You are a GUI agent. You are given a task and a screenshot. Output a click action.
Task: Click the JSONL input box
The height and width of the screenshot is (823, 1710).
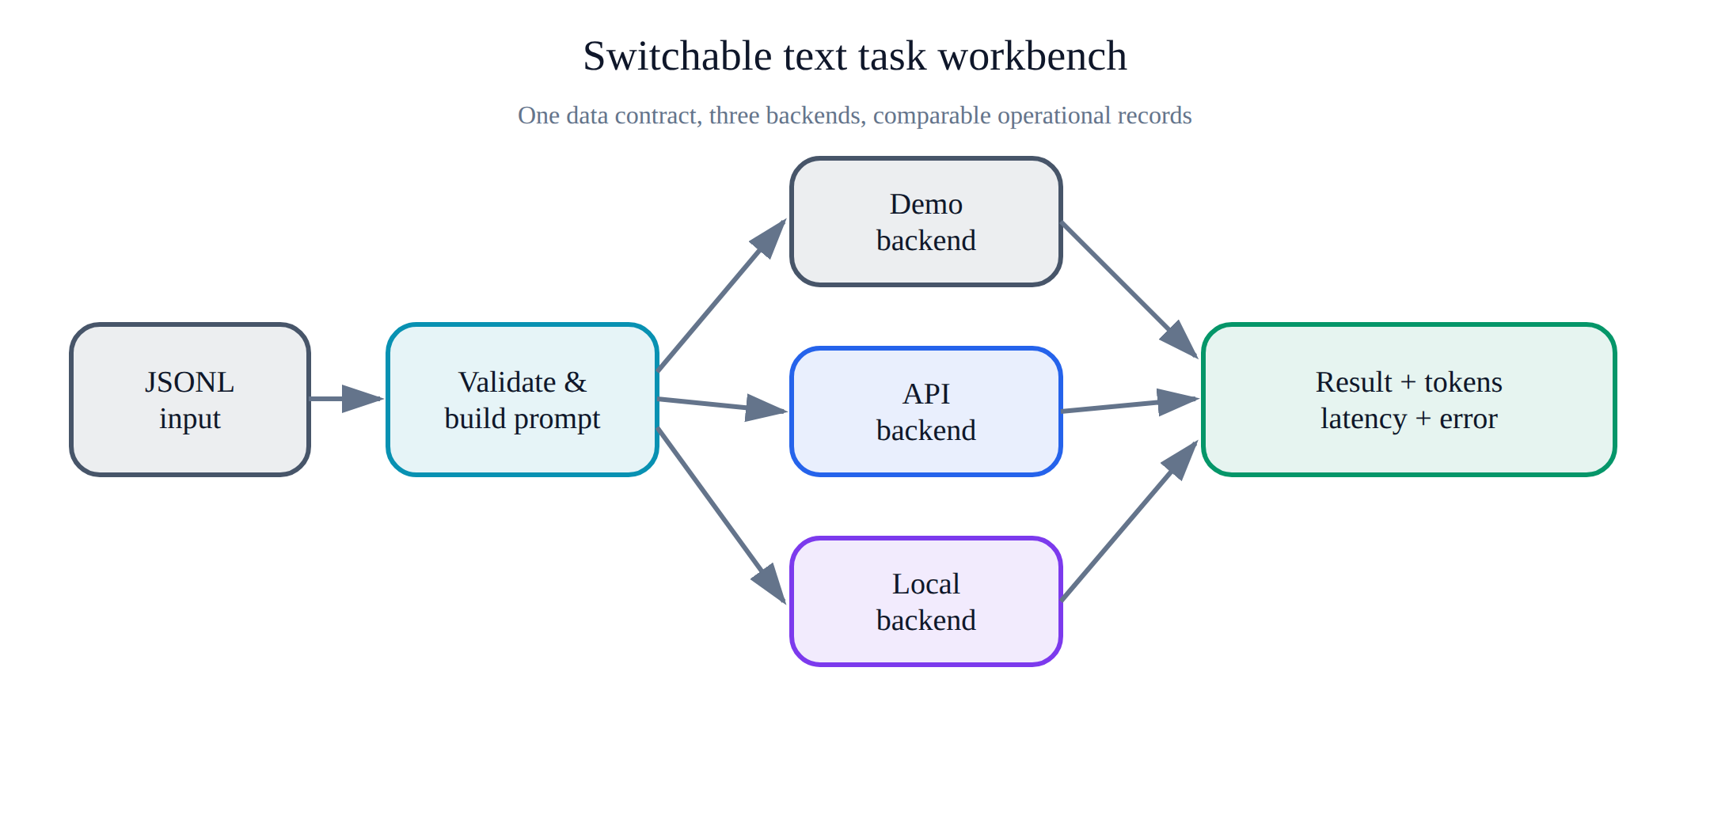tap(190, 400)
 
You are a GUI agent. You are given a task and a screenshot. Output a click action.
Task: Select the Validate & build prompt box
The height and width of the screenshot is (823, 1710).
tap(522, 400)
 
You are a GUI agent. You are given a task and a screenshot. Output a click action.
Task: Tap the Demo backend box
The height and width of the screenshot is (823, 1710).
tap(926, 222)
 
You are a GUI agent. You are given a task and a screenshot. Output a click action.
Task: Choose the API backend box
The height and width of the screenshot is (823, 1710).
tap(926, 411)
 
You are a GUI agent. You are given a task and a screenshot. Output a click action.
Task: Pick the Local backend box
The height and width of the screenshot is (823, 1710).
tap(926, 601)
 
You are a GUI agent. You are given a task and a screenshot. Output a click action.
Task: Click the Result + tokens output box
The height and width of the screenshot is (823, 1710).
tap(1409, 400)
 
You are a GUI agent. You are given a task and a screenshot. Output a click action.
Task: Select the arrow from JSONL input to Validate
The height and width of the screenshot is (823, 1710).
tap(347, 399)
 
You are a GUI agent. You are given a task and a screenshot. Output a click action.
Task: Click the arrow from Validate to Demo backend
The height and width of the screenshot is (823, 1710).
tap(722, 294)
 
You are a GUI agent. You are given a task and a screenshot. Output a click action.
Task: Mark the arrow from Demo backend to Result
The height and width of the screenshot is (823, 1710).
tap(1130, 290)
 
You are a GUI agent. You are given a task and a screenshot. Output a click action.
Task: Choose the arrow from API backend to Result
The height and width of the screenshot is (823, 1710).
tap(1130, 404)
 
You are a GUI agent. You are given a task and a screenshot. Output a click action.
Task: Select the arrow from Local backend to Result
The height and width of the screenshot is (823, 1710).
tap(1130, 520)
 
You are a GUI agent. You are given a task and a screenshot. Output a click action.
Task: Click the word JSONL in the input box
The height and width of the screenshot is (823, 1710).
tap(190, 382)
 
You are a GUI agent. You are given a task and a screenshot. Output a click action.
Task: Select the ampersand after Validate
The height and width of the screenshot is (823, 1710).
tap(576, 382)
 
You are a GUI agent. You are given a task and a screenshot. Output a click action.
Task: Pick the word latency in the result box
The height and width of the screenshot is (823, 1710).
tap(1364, 419)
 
